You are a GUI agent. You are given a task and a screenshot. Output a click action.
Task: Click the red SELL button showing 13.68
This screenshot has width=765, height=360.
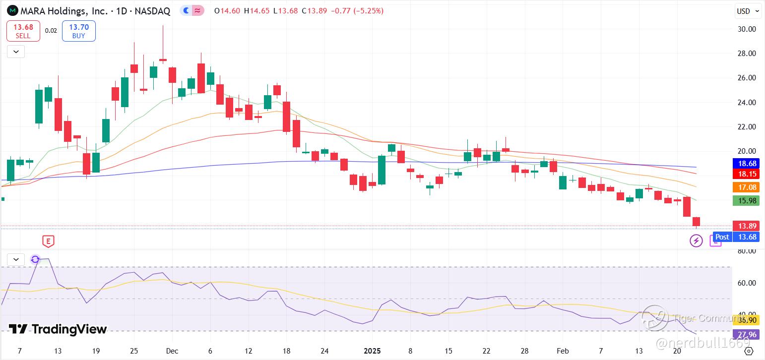(x=23, y=31)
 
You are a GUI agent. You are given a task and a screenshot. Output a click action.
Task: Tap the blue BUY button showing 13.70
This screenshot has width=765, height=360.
(x=78, y=31)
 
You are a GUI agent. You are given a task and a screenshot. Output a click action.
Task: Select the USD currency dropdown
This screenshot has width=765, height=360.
(x=748, y=11)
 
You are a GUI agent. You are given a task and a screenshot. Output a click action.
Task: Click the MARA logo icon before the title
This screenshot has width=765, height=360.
(x=12, y=11)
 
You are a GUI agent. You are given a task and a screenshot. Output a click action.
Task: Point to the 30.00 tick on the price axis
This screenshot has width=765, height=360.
(x=747, y=29)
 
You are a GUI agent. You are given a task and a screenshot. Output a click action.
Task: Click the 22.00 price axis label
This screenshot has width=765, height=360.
(x=747, y=127)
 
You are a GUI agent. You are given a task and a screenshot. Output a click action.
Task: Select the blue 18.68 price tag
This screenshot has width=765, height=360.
(x=747, y=164)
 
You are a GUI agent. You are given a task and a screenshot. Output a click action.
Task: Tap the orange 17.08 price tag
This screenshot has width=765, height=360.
(x=747, y=187)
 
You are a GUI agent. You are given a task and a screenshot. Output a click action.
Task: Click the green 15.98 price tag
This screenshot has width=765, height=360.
(x=747, y=201)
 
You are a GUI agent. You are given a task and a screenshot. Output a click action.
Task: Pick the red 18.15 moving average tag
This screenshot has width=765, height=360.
(x=747, y=174)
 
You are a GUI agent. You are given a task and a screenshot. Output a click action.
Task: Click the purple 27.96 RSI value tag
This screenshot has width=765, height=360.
(x=747, y=334)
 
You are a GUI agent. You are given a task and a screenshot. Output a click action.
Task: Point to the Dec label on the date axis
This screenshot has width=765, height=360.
(x=172, y=351)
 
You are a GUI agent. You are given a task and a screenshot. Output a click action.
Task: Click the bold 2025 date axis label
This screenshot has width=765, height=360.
(x=372, y=351)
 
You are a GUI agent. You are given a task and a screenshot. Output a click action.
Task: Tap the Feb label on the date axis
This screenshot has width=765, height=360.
(x=563, y=351)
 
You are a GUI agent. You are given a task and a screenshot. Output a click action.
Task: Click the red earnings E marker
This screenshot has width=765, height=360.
(x=48, y=241)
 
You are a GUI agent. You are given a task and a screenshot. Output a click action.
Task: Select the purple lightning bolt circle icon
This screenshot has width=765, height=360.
(x=696, y=241)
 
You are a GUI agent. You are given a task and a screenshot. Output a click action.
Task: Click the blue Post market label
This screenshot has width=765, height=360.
(x=722, y=237)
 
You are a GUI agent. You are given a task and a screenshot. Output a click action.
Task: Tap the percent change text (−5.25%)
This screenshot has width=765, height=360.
(x=368, y=11)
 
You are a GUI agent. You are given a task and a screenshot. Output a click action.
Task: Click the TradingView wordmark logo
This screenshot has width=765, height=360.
(x=58, y=329)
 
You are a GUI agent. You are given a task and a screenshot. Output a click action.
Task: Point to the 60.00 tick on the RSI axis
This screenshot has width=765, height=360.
(x=747, y=283)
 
